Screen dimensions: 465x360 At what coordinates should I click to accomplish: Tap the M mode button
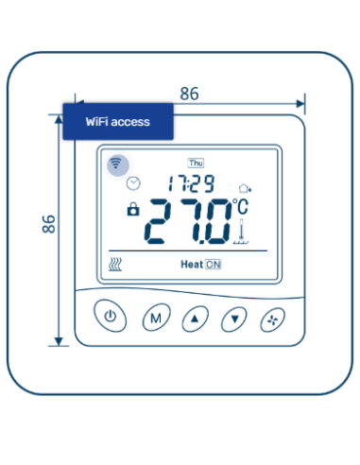154,319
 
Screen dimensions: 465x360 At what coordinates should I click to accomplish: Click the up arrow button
194,319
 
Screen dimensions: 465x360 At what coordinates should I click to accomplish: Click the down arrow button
233,319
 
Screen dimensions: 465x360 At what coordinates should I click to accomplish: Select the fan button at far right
272,319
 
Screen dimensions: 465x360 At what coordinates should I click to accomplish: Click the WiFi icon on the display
116,164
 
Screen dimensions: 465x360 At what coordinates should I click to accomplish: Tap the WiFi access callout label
117,122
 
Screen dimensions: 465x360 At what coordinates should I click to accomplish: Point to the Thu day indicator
197,163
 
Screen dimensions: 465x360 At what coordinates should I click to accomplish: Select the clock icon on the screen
133,182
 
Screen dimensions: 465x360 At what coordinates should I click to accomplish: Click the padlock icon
132,209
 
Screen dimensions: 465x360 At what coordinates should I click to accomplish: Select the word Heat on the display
192,265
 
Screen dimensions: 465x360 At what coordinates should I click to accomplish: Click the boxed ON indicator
213,265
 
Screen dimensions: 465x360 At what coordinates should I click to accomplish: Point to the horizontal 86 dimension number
189,94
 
